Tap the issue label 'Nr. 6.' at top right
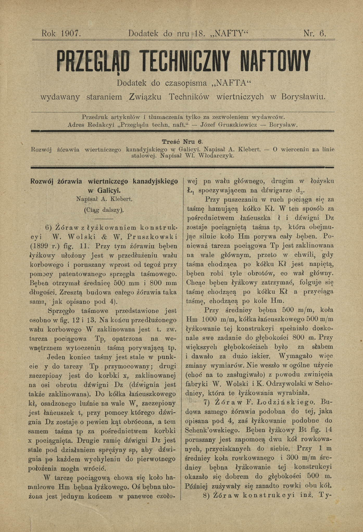tap(315, 34)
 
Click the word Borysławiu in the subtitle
tap(304, 97)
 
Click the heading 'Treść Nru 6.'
tap(182, 142)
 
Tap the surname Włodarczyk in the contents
tap(216, 156)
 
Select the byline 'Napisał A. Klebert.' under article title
tap(105, 199)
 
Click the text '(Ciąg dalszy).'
tap(104, 210)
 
